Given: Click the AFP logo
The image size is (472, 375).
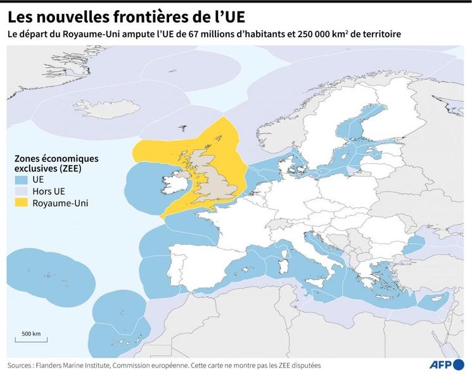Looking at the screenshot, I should point(447,364).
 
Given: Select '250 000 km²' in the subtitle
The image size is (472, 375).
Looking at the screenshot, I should point(333,34).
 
